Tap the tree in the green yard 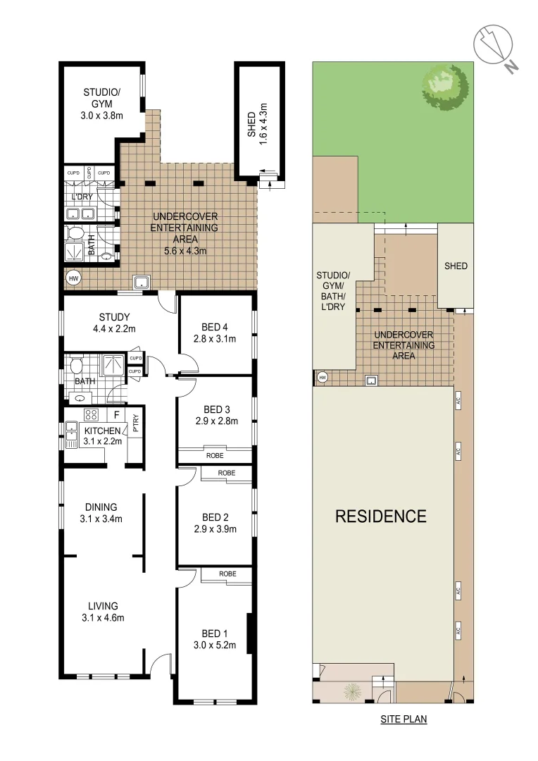tap(444, 86)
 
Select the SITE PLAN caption tap(403, 719)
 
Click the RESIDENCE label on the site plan tap(380, 516)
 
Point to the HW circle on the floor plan tap(73, 278)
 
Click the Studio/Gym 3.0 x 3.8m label tap(103, 104)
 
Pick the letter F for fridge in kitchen tap(117, 414)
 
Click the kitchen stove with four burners tap(90, 414)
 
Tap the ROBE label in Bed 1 tap(226, 574)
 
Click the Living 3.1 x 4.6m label tap(103, 612)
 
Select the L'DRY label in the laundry tap(82, 197)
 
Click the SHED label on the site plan tap(455, 266)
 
